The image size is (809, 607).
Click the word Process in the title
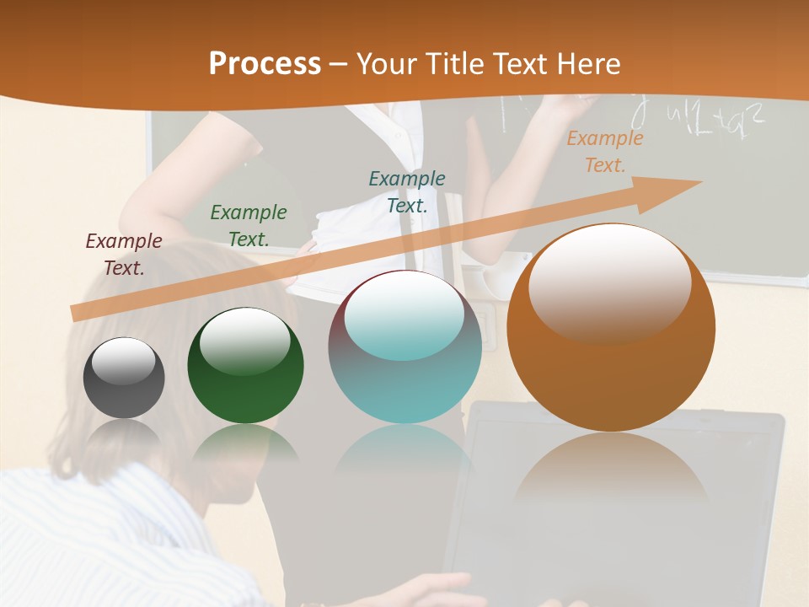(x=265, y=63)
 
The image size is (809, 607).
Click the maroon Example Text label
(x=124, y=254)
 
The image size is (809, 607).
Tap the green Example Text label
(x=249, y=225)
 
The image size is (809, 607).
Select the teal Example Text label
(x=407, y=191)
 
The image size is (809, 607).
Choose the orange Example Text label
(x=605, y=152)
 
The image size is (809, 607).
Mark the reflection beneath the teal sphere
(x=404, y=455)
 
